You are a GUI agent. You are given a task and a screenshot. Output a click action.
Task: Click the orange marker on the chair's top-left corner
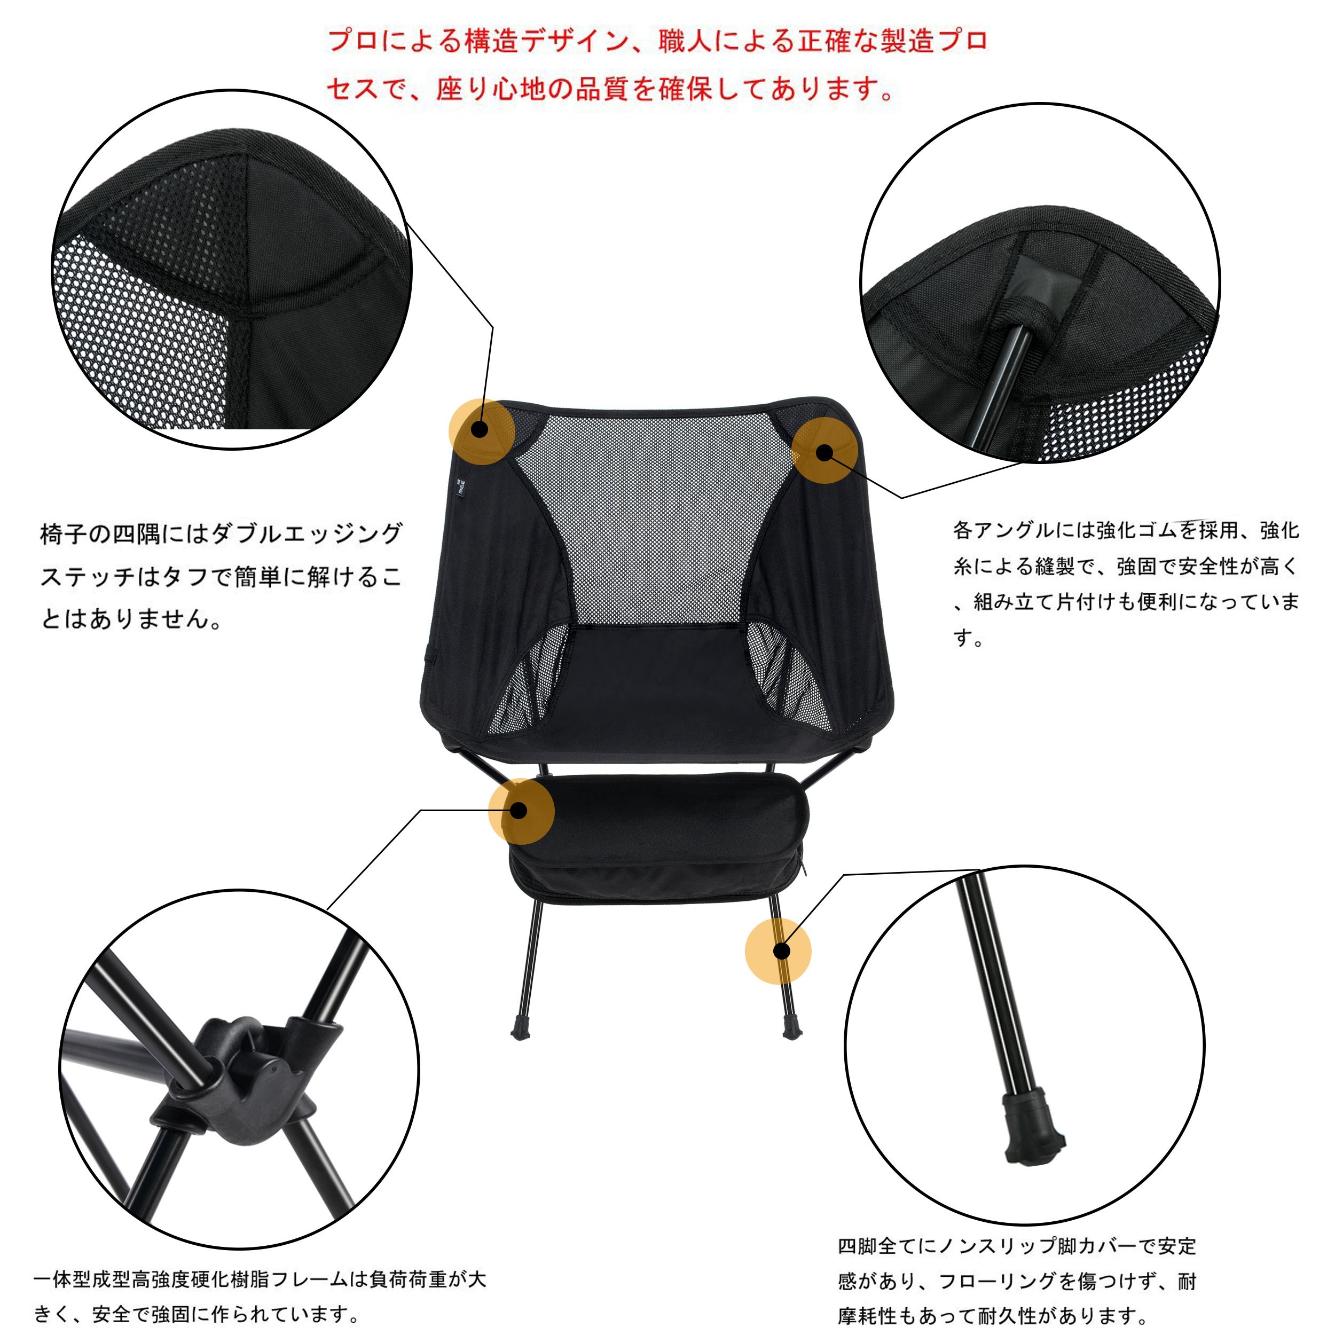click(482, 430)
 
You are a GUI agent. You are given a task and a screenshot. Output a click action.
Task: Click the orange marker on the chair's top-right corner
click(824, 451)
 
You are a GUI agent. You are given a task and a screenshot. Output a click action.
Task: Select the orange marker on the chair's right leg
click(778, 951)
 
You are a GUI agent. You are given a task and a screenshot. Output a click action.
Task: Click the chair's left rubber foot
click(520, 1027)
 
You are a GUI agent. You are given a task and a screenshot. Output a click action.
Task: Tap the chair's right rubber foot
click(792, 1026)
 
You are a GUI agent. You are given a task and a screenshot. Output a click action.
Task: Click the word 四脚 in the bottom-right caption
click(858, 1246)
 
